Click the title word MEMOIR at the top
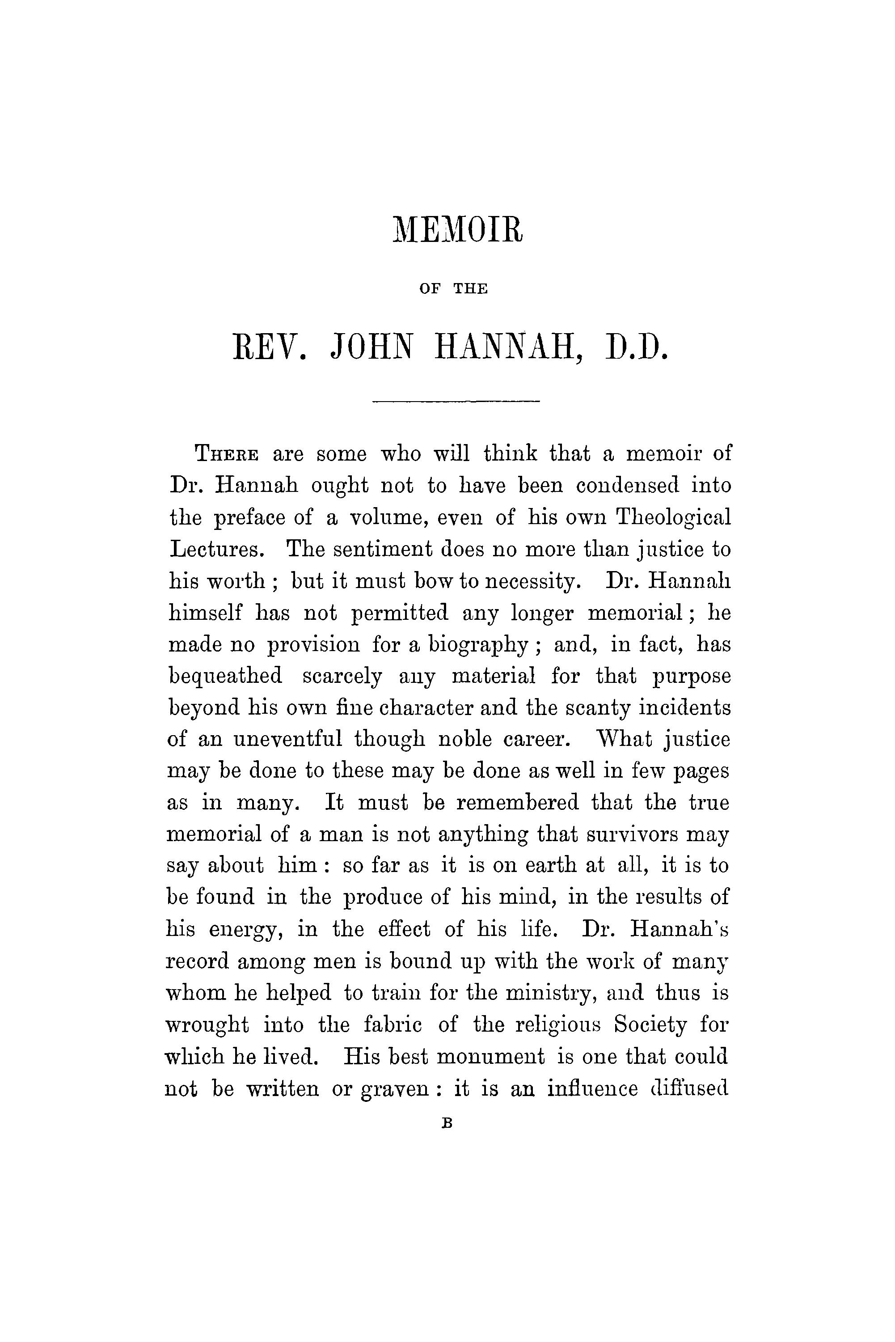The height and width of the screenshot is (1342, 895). (457, 230)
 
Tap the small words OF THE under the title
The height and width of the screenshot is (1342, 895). (453, 289)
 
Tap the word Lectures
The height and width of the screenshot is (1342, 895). (217, 550)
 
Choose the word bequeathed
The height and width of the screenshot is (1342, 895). (225, 677)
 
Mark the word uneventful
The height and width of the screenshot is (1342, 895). (288, 740)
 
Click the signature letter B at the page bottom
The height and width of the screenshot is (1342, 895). (447, 1123)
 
